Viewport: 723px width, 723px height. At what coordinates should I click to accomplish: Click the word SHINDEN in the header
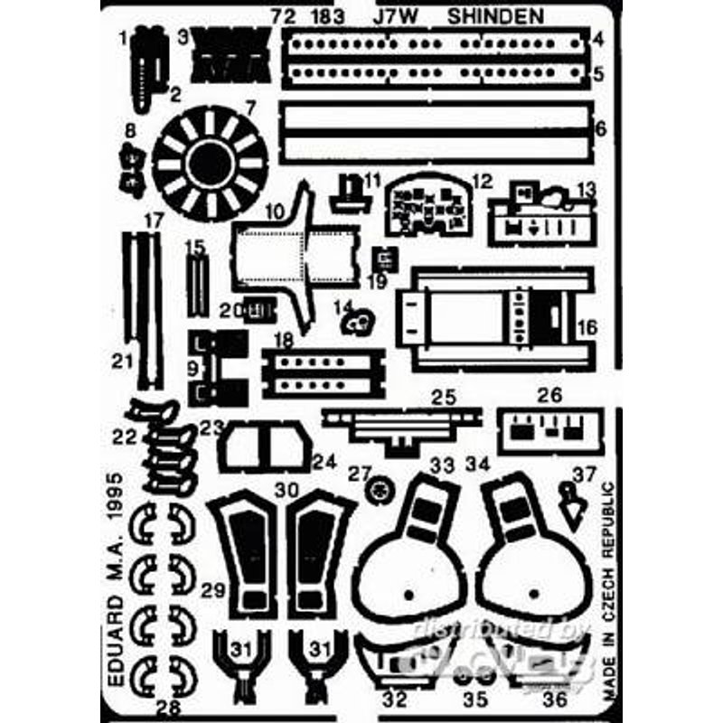[x=509, y=17]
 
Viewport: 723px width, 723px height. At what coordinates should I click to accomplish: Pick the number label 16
[x=587, y=328]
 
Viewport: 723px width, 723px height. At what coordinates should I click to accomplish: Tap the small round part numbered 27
[x=380, y=490]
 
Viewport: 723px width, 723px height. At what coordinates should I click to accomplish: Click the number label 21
[x=123, y=362]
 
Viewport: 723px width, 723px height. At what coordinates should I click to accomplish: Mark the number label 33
[x=441, y=465]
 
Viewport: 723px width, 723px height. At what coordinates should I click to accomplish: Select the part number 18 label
[x=284, y=339]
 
